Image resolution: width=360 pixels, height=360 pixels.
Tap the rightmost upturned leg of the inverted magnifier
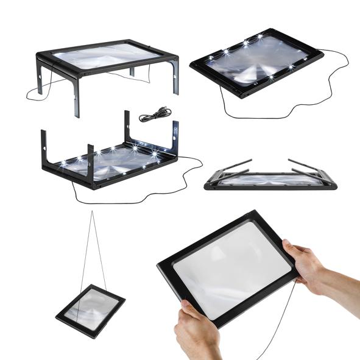click(175, 137)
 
